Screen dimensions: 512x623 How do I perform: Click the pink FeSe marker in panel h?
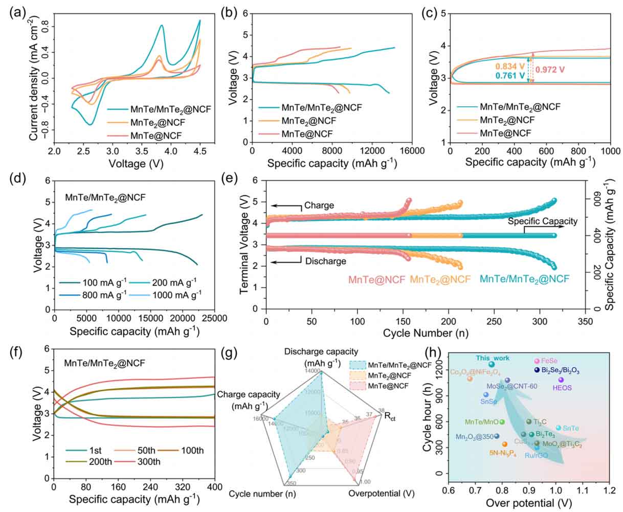537,361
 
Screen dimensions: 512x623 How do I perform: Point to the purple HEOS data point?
561,380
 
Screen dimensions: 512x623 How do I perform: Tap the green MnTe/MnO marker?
502,422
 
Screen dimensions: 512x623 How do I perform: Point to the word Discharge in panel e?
325,261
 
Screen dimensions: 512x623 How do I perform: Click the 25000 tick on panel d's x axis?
215,318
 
